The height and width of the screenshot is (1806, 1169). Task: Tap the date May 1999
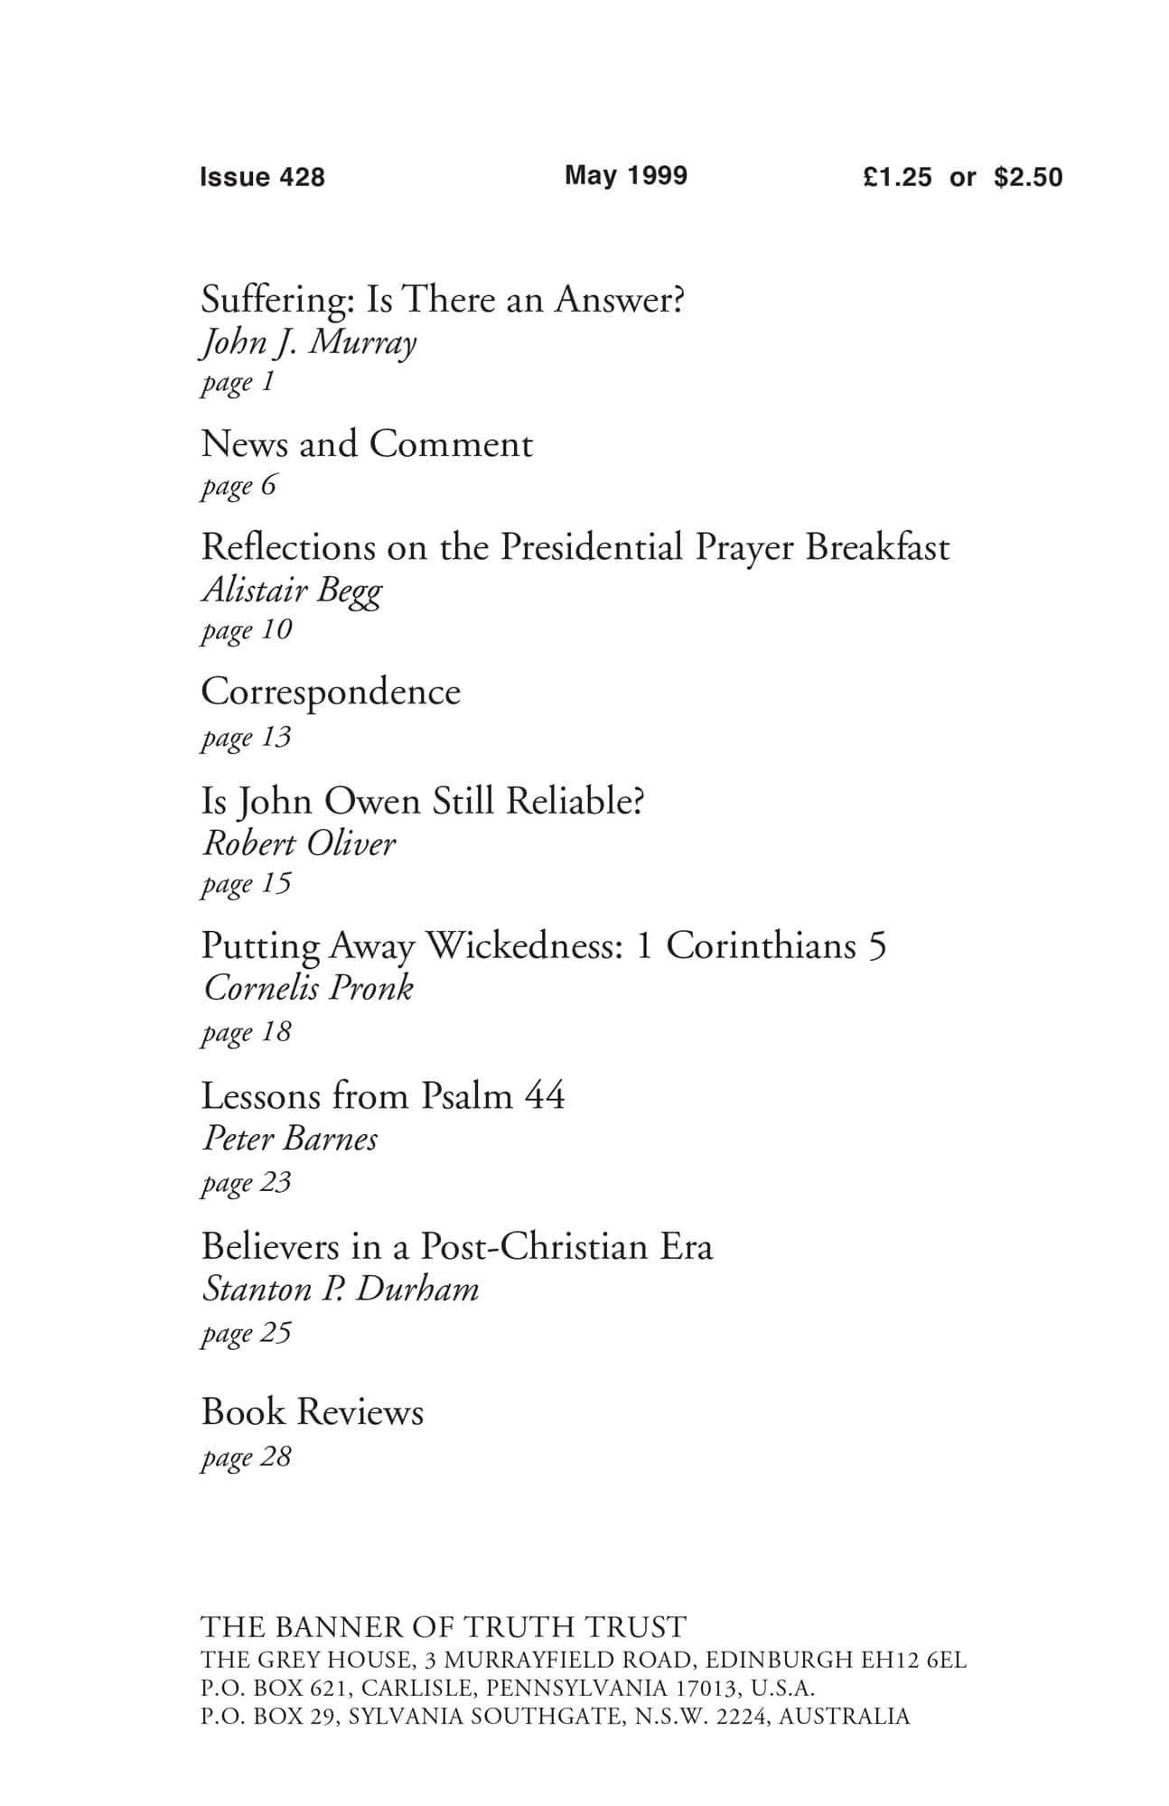625,175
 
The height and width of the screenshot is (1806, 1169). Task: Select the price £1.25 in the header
896,177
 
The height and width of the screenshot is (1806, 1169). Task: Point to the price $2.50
1028,177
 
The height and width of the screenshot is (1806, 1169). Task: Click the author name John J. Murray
308,343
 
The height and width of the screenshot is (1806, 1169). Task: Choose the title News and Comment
367,444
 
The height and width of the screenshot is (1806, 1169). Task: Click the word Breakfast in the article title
877,547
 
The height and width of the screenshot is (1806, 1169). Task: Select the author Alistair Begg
292,591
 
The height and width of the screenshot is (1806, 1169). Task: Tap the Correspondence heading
331,693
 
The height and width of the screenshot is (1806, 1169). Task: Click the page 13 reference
246,738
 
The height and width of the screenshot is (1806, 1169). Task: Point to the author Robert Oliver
299,843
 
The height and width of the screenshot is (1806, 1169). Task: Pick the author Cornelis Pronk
308,988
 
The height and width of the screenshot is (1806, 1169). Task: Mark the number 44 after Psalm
544,1096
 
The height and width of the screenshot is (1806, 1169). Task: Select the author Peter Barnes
290,1139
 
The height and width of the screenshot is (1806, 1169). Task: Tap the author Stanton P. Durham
340,1289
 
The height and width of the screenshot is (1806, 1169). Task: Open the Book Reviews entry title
313,1412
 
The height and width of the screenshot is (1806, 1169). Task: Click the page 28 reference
246,1457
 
